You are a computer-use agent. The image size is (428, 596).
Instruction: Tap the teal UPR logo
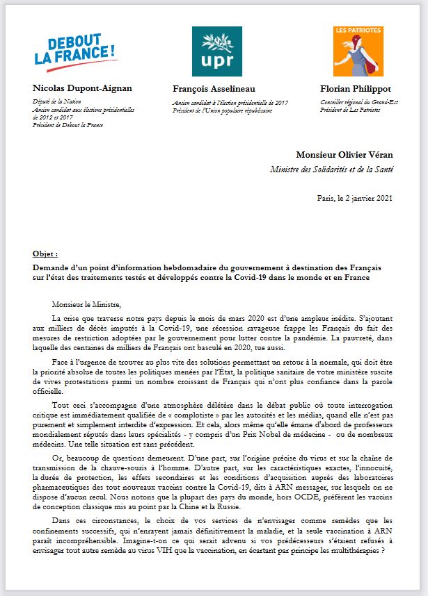click(x=217, y=51)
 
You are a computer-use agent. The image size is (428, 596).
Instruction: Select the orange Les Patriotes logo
click(x=358, y=51)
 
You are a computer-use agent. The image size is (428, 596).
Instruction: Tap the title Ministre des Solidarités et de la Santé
click(x=332, y=169)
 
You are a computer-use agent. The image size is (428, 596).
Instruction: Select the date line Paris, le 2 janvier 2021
click(x=355, y=198)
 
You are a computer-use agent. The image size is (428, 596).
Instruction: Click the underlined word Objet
click(x=45, y=254)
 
